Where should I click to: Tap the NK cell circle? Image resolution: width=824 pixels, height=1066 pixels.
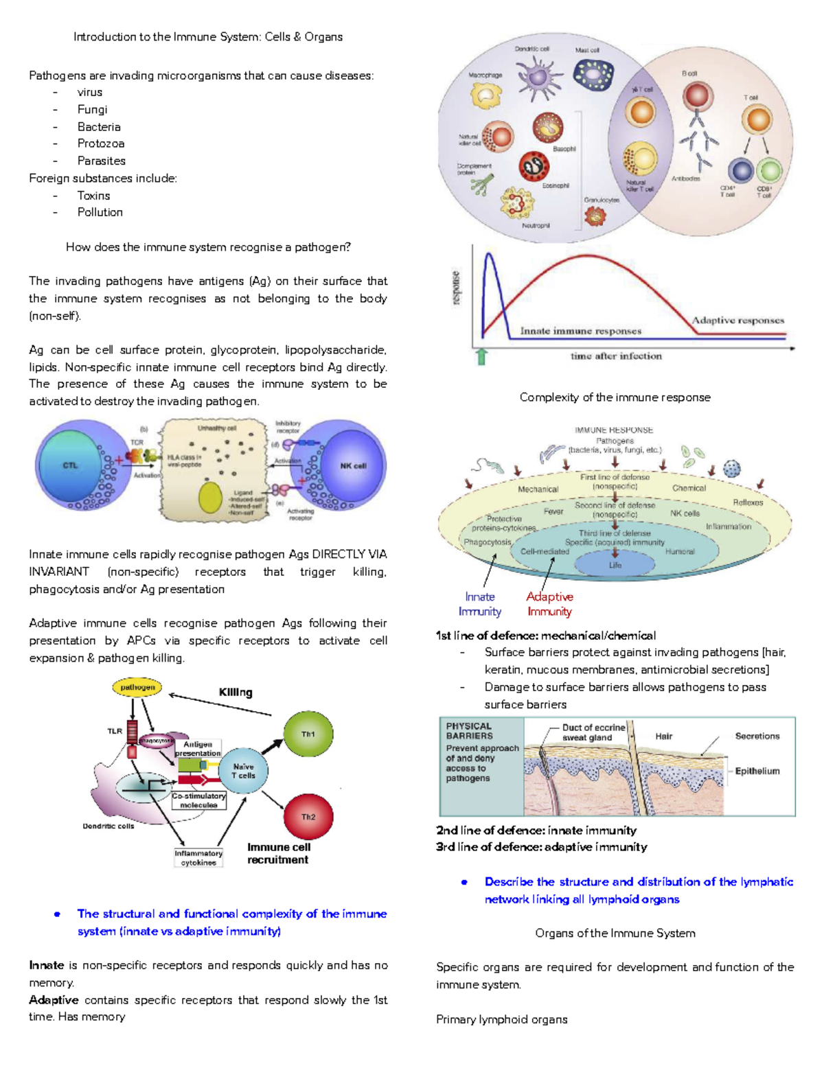pos(352,466)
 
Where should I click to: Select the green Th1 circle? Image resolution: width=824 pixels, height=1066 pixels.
pos(308,734)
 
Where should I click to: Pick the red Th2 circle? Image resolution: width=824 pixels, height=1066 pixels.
pos(308,817)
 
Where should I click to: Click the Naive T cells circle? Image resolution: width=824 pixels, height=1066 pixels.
pos(243,771)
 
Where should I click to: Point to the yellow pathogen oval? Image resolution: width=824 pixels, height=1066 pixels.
pos(137,687)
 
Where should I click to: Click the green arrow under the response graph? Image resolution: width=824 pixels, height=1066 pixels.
pos(481,356)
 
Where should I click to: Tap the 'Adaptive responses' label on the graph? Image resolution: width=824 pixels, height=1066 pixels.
pos(737,320)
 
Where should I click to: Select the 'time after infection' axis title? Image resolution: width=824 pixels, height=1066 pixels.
pos(616,356)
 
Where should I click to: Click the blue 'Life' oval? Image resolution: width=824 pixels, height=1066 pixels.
pos(615,565)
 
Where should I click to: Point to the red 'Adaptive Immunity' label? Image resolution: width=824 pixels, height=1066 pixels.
pos(549,604)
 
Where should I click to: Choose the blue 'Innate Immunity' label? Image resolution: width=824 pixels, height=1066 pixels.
pos(480,604)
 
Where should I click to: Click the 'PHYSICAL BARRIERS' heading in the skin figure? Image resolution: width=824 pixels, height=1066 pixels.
pos(470,731)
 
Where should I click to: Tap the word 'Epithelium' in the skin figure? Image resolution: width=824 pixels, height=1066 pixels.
pos(757,771)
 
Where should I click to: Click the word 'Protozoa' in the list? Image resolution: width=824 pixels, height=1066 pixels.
pos(101,143)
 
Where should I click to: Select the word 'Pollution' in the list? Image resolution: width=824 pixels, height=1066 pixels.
pos(100,212)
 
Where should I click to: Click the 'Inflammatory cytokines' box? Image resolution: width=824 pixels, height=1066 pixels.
pos(198,858)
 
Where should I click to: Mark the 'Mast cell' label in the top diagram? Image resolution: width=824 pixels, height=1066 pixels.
pos(587,50)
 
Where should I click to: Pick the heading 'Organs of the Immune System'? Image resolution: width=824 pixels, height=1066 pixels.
pos(615,933)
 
